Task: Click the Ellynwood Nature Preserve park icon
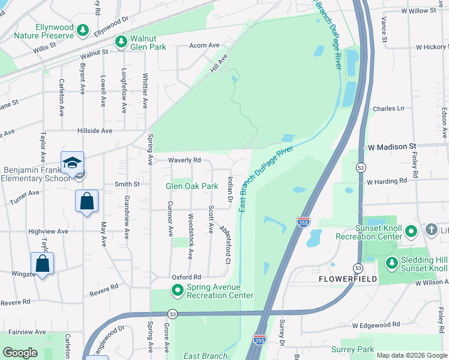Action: (83, 30)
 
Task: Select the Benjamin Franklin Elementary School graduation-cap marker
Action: (72, 163)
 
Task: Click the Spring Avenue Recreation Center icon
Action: (178, 291)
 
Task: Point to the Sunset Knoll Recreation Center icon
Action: (411, 230)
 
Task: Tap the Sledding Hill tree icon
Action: (391, 262)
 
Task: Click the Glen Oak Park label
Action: (191, 187)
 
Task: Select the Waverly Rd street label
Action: (184, 160)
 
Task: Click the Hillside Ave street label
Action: (94, 131)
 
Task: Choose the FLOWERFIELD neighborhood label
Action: (348, 279)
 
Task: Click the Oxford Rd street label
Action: (185, 277)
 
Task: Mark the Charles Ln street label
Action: (388, 109)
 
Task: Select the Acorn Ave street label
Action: (204, 46)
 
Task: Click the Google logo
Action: (20, 352)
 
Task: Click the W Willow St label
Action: (418, 11)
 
